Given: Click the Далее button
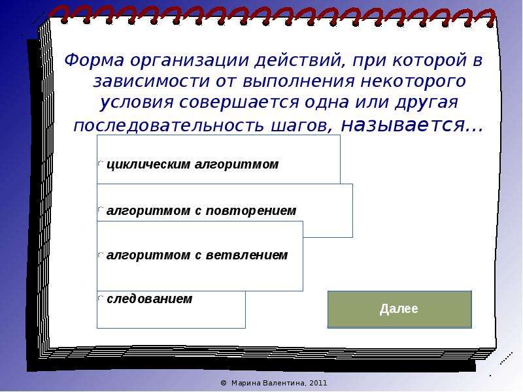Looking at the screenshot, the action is (x=399, y=309).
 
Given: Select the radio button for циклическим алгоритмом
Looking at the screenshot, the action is (x=101, y=163).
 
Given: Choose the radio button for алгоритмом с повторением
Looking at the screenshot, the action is (x=101, y=210).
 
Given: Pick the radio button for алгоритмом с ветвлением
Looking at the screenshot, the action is (x=101, y=255).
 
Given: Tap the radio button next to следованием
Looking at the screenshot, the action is (x=101, y=298).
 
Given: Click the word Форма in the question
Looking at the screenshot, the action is (x=94, y=61).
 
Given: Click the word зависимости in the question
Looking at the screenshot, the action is (x=151, y=82).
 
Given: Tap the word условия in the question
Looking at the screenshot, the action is (x=137, y=103).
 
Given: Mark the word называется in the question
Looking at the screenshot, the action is (x=403, y=125).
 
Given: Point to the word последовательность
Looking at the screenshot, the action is (x=169, y=126).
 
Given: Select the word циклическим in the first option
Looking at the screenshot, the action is (x=148, y=165).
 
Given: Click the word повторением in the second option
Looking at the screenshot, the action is (x=251, y=210).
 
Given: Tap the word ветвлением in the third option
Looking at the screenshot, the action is (x=246, y=255).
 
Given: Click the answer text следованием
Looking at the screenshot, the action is (x=150, y=299).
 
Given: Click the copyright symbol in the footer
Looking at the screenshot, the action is (x=224, y=383).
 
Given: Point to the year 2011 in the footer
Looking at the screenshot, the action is (x=318, y=383).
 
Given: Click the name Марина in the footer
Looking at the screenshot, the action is (x=246, y=383).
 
